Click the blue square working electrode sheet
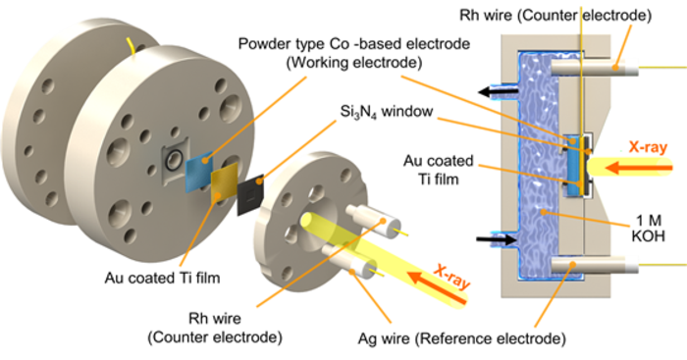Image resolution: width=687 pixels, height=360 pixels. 199,172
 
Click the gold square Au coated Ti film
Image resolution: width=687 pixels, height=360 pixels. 225,183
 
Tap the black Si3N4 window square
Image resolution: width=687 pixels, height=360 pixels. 250,194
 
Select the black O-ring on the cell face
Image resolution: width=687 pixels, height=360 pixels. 173,160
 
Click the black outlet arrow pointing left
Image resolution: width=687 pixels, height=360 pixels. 498,92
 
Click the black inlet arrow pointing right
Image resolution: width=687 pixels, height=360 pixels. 497,239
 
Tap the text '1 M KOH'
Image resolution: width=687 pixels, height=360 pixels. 648,229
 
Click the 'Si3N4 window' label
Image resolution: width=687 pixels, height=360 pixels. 387,112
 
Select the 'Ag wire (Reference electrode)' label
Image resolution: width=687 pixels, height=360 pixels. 462,338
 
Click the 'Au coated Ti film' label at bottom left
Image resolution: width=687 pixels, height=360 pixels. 162,278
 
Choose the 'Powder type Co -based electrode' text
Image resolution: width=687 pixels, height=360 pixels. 354,44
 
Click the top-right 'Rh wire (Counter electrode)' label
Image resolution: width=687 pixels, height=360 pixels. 555,16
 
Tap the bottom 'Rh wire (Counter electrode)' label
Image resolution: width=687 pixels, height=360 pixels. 215,328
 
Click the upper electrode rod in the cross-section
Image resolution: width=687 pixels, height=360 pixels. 594,68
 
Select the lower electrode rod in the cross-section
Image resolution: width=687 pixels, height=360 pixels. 594,265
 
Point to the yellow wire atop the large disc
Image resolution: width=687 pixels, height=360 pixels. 131,48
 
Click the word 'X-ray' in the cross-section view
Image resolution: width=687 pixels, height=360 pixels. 648,147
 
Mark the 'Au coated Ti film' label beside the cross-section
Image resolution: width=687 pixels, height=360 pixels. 438,170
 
